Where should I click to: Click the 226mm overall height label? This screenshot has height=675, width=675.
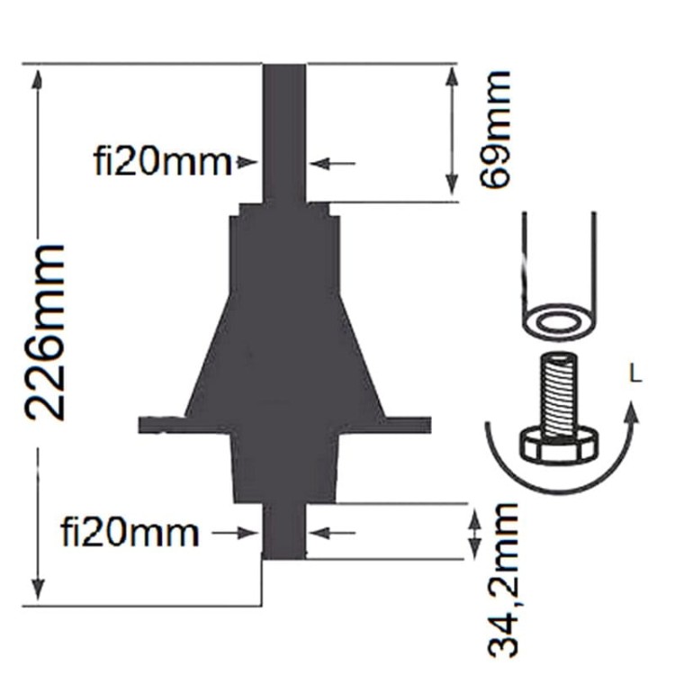44,332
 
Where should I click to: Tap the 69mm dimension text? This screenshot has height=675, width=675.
495,129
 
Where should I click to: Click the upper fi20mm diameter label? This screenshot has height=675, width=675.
163,162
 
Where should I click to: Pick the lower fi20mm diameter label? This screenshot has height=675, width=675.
130,533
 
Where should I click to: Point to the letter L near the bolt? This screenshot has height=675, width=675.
635,373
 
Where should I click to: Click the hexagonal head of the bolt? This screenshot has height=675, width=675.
559,447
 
